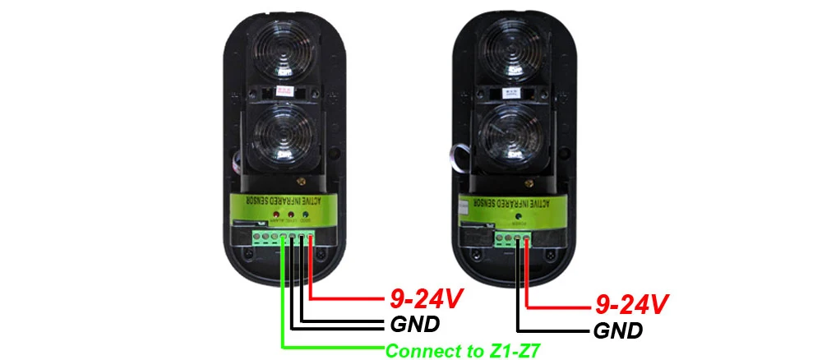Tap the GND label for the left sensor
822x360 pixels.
[x=416, y=323]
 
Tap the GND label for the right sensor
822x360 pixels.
[x=617, y=331]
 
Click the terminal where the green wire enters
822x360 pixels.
[x=283, y=238]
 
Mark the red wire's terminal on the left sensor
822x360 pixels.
[x=310, y=238]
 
